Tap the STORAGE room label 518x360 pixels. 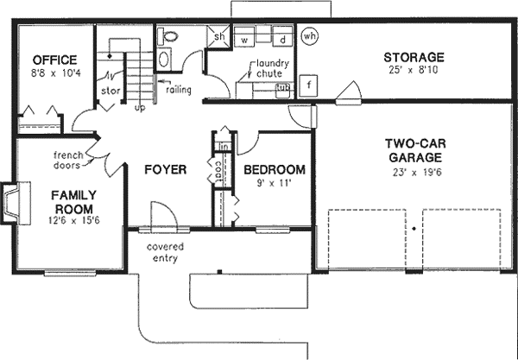click(x=414, y=58)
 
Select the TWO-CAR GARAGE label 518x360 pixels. click(x=414, y=151)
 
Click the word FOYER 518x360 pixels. click(x=164, y=170)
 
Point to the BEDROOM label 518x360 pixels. click(x=274, y=170)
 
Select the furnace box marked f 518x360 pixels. click(x=308, y=85)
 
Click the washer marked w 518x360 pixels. click(x=245, y=40)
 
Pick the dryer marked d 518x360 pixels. click(x=281, y=40)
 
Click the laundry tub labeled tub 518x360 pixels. click(x=282, y=88)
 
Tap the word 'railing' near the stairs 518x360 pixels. click(x=180, y=89)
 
